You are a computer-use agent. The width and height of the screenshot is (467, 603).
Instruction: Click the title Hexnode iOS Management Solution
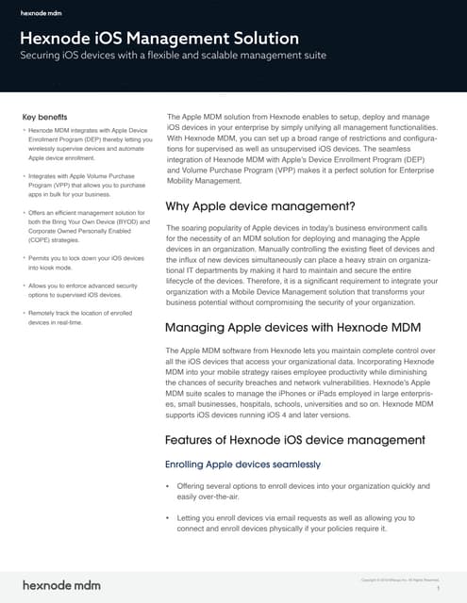coord(160,39)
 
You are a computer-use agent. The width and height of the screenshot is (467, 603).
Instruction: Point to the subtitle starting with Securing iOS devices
coord(174,57)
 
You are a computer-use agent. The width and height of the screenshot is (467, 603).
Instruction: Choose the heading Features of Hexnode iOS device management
coord(295,440)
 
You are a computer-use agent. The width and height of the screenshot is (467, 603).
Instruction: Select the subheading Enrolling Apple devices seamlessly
coord(242,464)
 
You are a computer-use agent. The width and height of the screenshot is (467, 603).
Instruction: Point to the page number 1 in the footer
coord(440,587)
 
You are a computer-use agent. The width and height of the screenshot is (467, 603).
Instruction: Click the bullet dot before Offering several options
coord(167,486)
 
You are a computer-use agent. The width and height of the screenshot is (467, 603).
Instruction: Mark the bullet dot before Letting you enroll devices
coord(167,518)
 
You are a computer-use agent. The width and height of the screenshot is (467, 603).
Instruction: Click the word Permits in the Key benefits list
coord(42,257)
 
